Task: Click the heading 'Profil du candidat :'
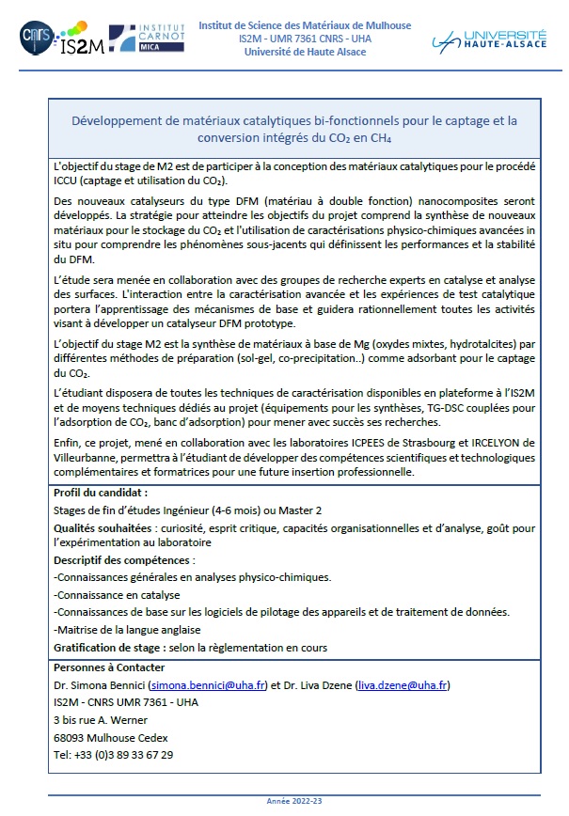point(101,492)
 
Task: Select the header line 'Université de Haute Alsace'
point(305,52)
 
